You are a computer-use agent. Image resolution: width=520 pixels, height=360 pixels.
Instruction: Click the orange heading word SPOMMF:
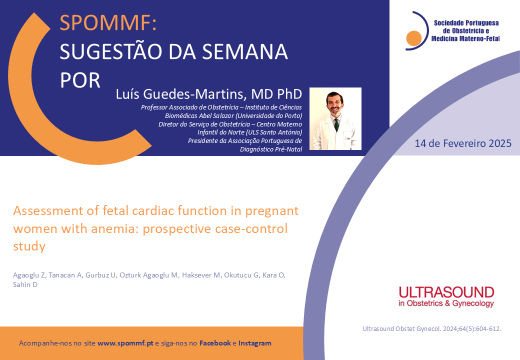(108, 23)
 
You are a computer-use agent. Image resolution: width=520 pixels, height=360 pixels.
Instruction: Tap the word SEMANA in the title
(244, 51)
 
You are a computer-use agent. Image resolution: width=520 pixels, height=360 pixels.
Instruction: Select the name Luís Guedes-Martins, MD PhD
(209, 94)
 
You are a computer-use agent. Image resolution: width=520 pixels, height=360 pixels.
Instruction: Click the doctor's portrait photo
(335, 118)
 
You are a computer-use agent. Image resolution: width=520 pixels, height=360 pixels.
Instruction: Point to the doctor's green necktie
(336, 124)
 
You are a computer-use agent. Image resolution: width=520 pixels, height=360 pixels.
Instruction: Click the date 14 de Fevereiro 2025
(463, 143)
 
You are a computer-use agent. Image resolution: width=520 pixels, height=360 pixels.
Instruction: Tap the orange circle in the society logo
(414, 38)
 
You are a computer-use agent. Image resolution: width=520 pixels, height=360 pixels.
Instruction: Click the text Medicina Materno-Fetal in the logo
(465, 39)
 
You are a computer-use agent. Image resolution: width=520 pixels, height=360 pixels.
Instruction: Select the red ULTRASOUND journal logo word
(446, 292)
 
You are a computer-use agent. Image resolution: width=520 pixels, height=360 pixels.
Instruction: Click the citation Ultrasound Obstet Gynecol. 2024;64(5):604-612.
(432, 329)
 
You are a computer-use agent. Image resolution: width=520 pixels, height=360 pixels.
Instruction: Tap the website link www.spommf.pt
(125, 343)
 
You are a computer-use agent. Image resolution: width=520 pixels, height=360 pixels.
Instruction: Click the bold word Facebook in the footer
(215, 343)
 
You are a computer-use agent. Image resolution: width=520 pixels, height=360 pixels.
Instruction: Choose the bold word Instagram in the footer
(254, 343)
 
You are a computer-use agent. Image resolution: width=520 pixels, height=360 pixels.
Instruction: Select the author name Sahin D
(25, 285)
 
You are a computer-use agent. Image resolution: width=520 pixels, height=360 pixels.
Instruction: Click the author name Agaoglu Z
(29, 275)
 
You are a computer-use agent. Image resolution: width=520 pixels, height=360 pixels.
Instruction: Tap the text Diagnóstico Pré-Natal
(271, 149)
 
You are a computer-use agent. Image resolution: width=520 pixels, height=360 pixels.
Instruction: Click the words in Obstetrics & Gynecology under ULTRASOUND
(446, 303)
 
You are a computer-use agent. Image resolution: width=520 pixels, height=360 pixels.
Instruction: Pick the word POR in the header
(80, 80)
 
